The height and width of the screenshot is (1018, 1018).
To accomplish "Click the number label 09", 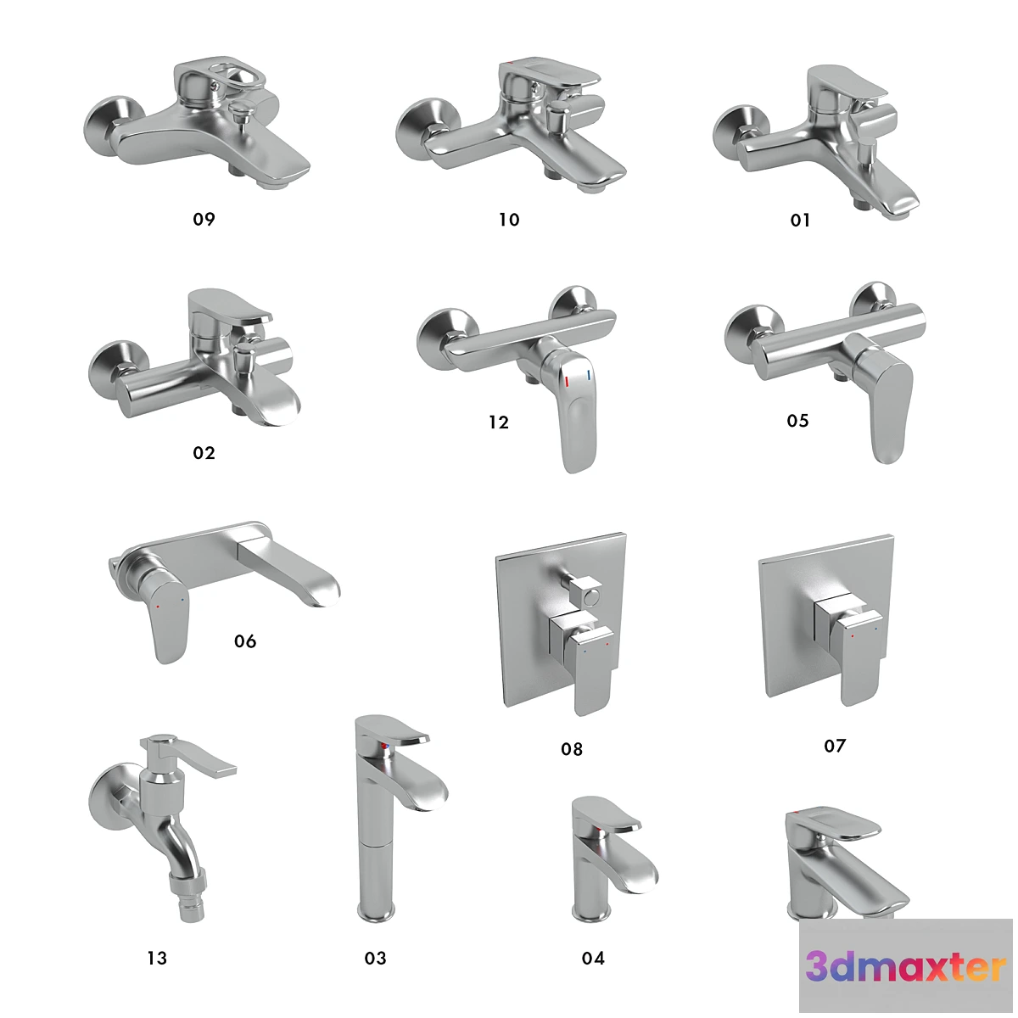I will point(204,219).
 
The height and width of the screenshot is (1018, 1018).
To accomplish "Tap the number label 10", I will point(509,220).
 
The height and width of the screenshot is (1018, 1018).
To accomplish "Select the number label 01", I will point(800,221).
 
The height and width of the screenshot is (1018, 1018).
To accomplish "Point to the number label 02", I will point(204,453).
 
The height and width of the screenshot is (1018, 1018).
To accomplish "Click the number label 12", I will point(499,422).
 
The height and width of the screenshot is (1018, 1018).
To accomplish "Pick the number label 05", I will point(797,421).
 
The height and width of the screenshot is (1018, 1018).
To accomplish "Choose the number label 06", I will point(245,641).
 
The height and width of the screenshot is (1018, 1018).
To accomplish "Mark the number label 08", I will point(572,749).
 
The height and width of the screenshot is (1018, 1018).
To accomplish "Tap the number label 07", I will point(835,746).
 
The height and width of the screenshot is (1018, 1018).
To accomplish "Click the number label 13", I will point(157,959).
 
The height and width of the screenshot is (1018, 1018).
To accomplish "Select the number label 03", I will point(375,959).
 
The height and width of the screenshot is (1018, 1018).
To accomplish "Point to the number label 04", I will point(593,959).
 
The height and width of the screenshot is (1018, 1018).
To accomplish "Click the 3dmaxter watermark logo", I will point(906,967).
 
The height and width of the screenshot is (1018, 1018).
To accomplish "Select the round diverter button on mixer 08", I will point(590,601).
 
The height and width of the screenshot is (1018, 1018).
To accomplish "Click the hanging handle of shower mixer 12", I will point(577,416).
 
